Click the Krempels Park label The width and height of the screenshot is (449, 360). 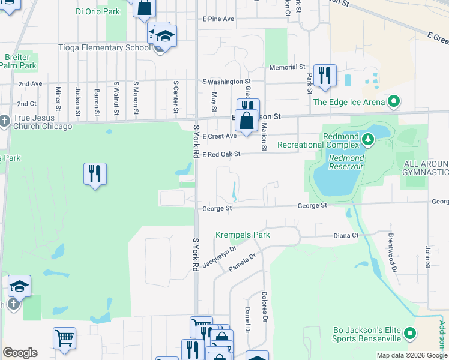[243, 235]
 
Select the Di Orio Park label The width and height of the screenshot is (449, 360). [97, 11]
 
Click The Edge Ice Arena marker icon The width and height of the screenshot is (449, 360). [394, 102]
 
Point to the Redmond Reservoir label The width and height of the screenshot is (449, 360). [346, 162]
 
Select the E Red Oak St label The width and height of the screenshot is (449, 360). [221, 154]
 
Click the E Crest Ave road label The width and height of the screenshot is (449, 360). [219, 136]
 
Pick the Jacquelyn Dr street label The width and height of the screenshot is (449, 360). [219, 256]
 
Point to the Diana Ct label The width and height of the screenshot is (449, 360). [346, 236]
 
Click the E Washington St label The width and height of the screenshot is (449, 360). [226, 81]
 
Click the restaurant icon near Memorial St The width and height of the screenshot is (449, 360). [325, 75]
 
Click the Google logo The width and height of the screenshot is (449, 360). [20, 353]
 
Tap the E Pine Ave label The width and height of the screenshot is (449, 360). [218, 19]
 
